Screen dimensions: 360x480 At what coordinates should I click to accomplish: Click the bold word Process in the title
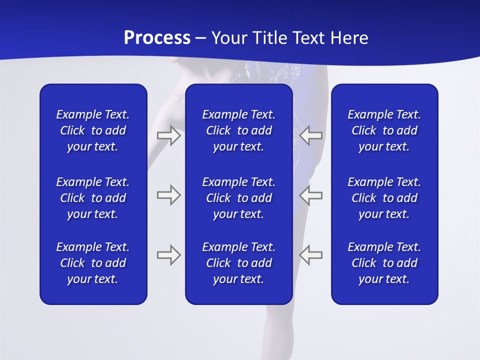coord(157,38)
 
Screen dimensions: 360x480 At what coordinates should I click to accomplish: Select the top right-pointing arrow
coord(169,135)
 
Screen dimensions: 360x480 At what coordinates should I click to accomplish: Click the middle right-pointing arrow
coord(169,195)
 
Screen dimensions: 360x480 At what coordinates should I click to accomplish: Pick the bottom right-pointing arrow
coord(169,255)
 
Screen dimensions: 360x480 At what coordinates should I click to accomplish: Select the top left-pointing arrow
coord(311,135)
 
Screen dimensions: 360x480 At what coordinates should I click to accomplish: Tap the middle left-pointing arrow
coord(311,195)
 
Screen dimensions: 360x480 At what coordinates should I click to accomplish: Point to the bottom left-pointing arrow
coord(311,255)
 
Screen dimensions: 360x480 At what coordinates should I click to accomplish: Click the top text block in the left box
coord(93,130)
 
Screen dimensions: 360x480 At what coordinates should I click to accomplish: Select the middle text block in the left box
coord(93,198)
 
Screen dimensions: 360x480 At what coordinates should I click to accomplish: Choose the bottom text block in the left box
coord(93,263)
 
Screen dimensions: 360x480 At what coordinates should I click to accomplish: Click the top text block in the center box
coord(238,130)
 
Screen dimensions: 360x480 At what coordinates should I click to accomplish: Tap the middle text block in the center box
coord(238,198)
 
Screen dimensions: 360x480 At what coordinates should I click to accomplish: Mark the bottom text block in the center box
coord(238,263)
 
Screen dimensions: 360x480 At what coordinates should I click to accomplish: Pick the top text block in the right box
coord(384,130)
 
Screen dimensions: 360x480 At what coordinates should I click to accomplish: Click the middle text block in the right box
coord(384,198)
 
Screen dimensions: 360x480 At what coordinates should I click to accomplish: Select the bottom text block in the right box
coord(384,263)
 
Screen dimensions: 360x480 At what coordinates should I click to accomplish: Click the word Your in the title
coord(230,38)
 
